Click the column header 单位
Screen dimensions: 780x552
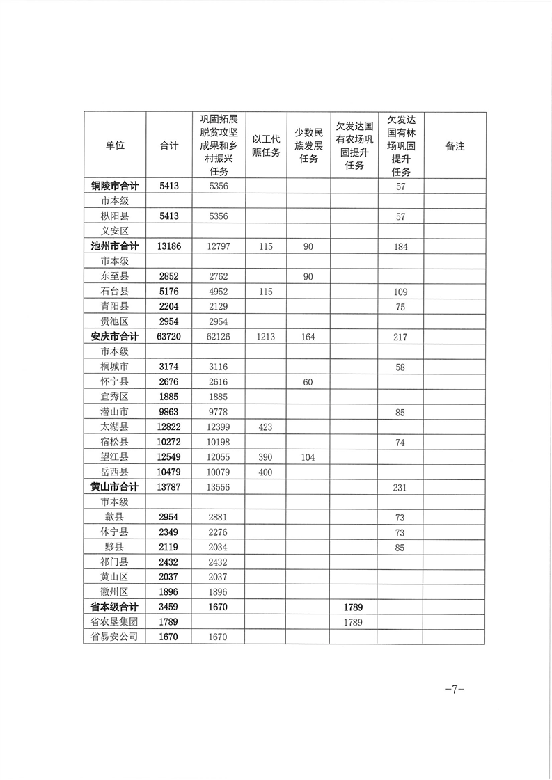point(115,146)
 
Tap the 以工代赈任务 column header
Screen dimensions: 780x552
point(266,146)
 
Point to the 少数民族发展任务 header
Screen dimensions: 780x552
point(309,146)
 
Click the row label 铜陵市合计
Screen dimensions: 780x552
point(115,186)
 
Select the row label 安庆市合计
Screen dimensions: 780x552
point(115,337)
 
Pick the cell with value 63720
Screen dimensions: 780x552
point(169,337)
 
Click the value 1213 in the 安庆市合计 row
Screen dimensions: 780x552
point(266,337)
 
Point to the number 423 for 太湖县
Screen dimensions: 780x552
point(266,427)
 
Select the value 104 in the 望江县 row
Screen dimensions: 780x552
point(309,457)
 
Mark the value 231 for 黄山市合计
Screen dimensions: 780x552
point(400,488)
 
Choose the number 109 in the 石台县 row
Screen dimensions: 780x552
point(400,292)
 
